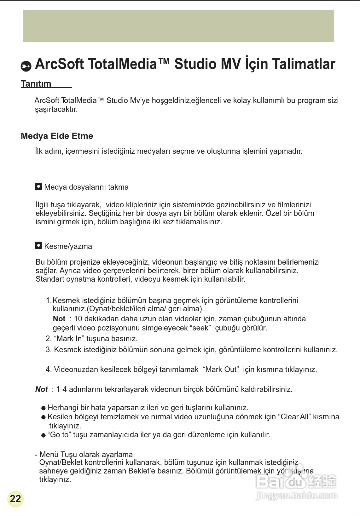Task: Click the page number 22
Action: pos(15,499)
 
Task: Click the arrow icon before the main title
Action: pos(26,66)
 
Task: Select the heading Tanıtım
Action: pos(36,84)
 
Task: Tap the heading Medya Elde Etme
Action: pos(57,136)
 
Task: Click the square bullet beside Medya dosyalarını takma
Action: pos(38,186)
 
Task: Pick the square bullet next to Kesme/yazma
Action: pos(38,245)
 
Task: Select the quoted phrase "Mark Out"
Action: pos(221,370)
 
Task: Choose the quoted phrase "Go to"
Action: pos(59,435)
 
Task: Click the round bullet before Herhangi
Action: pos(44,408)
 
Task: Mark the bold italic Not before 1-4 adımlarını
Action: pos(41,389)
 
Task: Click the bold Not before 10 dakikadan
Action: pos(59,319)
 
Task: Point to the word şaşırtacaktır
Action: pos(56,110)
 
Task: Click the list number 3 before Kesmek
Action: pos(48,350)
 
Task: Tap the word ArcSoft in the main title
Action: pos(59,64)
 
